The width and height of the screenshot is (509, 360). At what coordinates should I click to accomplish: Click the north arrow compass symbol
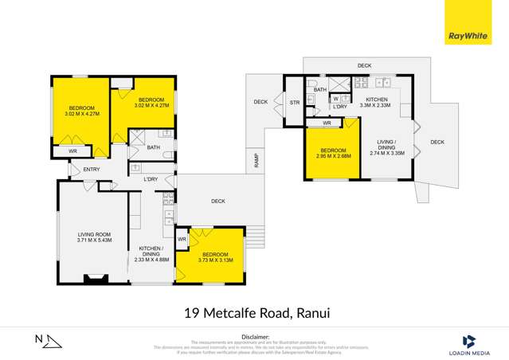[x=49, y=341]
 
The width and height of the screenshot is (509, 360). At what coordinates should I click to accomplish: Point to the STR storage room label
[x=295, y=103]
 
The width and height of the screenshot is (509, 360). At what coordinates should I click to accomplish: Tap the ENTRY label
[x=91, y=169]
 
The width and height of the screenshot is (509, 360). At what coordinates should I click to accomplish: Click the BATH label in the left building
[x=153, y=147]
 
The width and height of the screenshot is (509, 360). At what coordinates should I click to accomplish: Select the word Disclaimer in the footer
[x=254, y=337]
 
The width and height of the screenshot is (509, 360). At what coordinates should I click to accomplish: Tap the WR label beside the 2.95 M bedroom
[x=327, y=124]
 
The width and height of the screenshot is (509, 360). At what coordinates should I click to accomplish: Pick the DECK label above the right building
[x=364, y=65]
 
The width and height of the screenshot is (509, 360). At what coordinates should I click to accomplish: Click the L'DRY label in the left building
[x=151, y=179]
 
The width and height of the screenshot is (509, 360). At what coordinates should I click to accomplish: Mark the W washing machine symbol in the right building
[x=335, y=99]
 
